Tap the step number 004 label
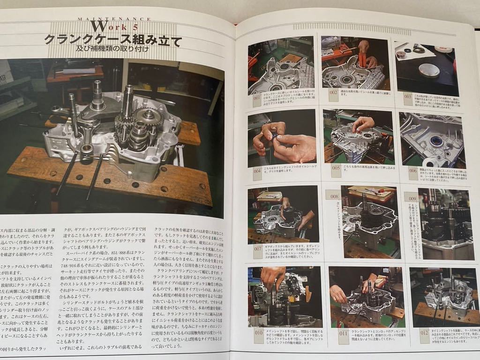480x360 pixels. coord(256,172)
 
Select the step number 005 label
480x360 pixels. coord(336,168)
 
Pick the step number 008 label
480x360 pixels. coord(334,197)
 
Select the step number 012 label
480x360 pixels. coord(424,334)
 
